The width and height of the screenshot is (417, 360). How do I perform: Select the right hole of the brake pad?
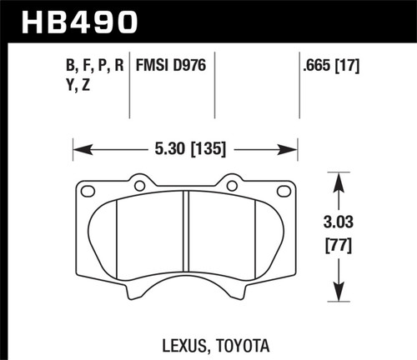point(232,185)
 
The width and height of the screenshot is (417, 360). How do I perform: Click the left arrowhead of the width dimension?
point(77,151)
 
